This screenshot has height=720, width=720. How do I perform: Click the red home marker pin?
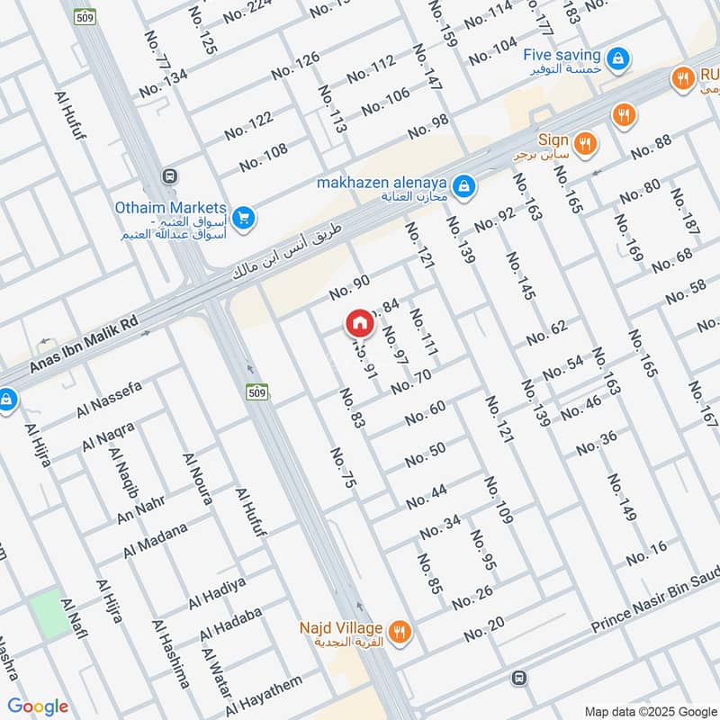point(359,322)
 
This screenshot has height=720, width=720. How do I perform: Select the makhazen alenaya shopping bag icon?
point(463,186)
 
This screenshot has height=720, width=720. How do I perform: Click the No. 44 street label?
point(426,494)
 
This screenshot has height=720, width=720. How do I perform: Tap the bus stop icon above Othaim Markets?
point(168,175)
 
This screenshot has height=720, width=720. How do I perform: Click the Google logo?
point(38,706)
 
